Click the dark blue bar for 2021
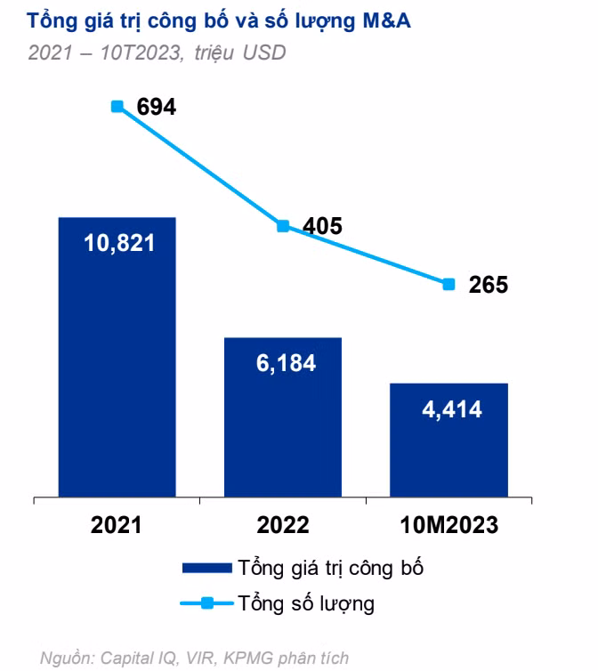[x=117, y=356]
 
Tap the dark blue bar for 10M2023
[x=448, y=440]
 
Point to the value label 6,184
[x=283, y=363]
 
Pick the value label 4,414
[x=448, y=409]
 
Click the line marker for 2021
[x=117, y=106]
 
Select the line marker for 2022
[x=283, y=226]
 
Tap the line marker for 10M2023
[x=448, y=284]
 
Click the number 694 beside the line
[x=157, y=107]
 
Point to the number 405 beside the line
[x=322, y=226]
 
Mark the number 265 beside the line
[x=488, y=285]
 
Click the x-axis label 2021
[x=117, y=525]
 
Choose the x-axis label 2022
[x=283, y=525]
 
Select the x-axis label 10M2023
[x=448, y=525]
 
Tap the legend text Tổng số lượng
[x=306, y=604]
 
